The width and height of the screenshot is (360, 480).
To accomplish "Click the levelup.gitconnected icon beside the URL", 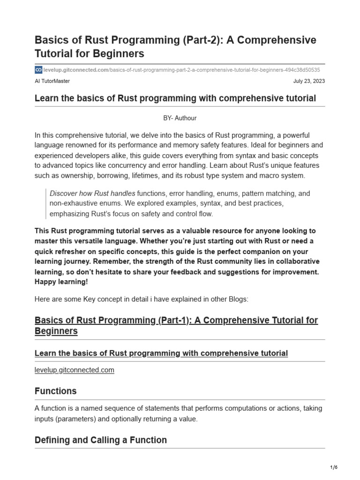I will click(38, 70).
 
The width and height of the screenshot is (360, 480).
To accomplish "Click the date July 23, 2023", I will click(309, 81).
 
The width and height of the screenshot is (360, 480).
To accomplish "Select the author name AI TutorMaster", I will click(52, 81).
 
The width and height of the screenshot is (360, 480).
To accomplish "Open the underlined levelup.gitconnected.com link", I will click(75, 370).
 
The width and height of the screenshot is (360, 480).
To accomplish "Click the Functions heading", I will click(55, 391).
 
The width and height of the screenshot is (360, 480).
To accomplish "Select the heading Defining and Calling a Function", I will click(101, 440).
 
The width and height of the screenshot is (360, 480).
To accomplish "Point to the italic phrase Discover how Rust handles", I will click(92, 193).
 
